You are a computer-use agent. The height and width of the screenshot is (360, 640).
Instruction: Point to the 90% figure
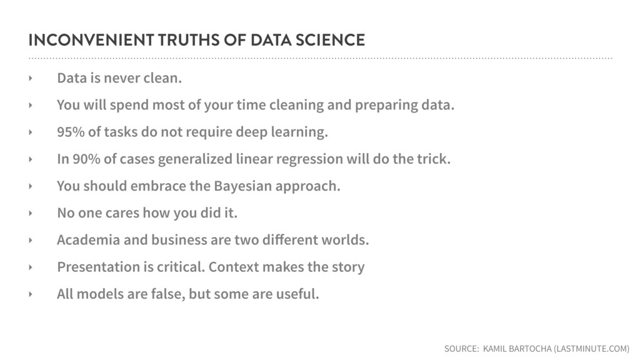[x=86, y=159]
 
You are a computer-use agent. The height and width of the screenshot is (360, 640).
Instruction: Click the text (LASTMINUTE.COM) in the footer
[x=591, y=349]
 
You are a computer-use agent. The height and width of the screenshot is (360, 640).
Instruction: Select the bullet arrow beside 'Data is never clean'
[x=31, y=78]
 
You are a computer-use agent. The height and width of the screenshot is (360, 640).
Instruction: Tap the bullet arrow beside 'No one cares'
[x=31, y=213]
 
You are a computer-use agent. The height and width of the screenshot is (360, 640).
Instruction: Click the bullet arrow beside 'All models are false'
[x=31, y=294]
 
